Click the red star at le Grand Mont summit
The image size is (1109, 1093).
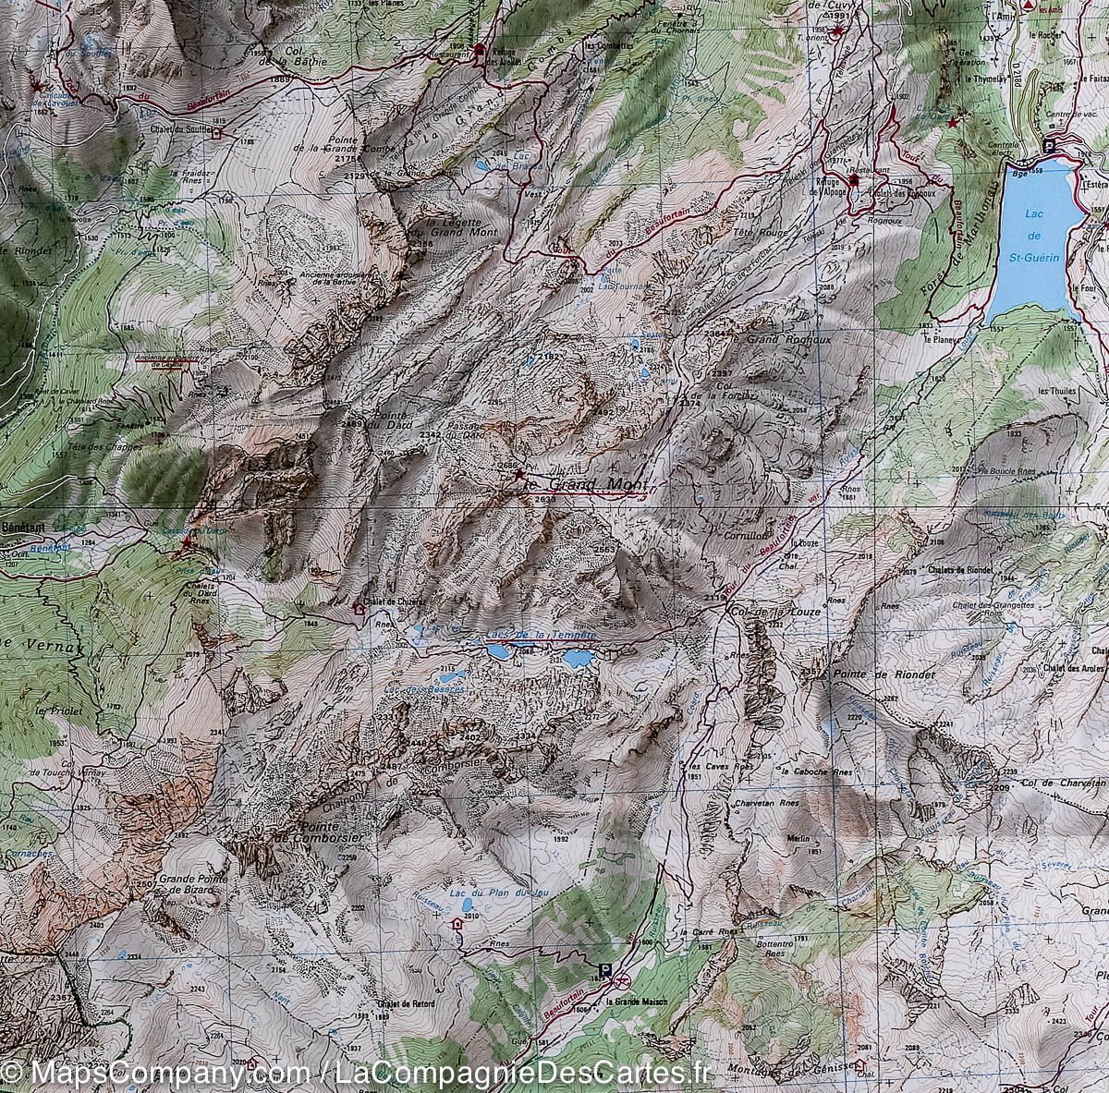pos(518,472)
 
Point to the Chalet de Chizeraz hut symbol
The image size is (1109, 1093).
pos(359,609)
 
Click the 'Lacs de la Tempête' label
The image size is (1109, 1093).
pos(540,637)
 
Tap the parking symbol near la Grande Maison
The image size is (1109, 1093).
pos(605,970)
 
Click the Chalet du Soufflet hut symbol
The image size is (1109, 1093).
pos(217,132)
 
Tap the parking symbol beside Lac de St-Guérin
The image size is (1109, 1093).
pos(1049,144)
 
